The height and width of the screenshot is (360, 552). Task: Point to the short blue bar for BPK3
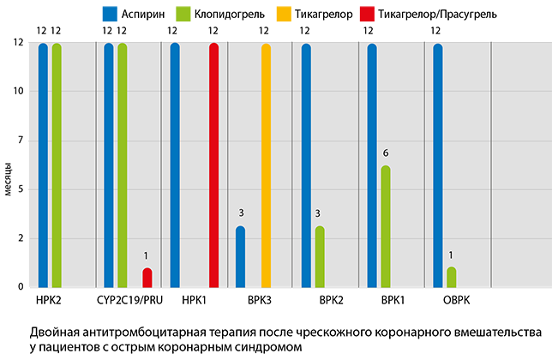coord(241,256)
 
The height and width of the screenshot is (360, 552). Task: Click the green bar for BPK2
coord(320,256)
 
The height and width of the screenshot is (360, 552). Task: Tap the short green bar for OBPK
coord(452,277)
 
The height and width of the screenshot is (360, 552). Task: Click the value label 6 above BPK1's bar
coord(386,153)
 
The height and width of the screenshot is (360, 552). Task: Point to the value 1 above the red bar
coord(147,255)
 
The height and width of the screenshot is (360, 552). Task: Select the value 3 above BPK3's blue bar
coord(241,213)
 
